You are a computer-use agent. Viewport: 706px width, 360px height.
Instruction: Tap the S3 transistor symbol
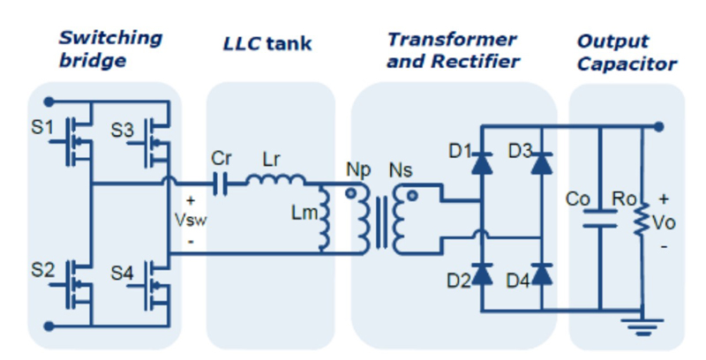[x=152, y=141]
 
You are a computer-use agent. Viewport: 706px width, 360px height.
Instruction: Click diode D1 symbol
[x=482, y=161]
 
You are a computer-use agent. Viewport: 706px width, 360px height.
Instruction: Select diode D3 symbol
[x=542, y=161]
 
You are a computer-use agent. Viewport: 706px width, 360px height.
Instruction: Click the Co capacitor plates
[x=600, y=217]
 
